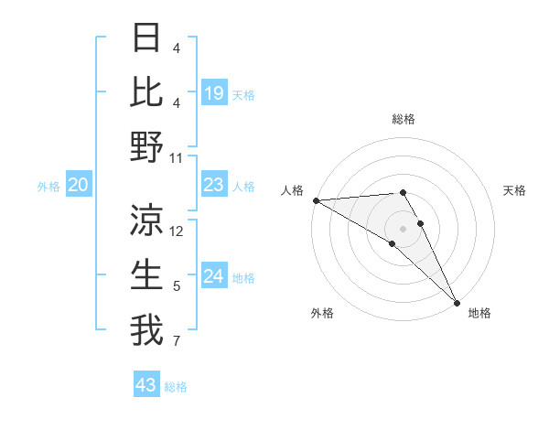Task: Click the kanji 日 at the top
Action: (146, 38)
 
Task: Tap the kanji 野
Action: (146, 146)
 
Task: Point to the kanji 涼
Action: (146, 220)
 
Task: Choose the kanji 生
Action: (146, 274)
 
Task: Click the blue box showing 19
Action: (213, 92)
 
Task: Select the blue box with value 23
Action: (213, 186)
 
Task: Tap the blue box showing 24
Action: (213, 277)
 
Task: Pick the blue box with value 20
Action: (79, 186)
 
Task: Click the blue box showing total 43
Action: (146, 385)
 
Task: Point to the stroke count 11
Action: (177, 158)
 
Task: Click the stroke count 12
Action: (177, 231)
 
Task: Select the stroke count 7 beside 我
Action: (176, 343)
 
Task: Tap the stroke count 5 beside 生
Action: (176, 286)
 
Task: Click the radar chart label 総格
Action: (404, 119)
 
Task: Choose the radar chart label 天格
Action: (515, 190)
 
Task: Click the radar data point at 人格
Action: (316, 199)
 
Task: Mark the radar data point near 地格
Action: (457, 300)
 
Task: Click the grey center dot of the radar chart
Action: (404, 228)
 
